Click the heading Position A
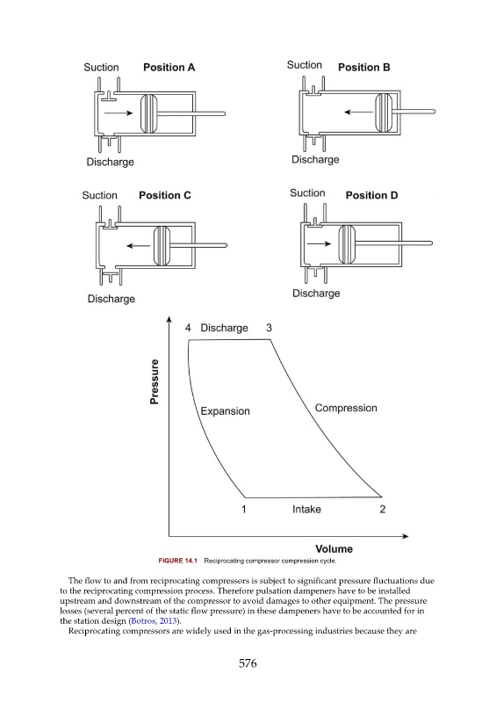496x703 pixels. [169, 68]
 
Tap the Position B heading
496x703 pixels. [363, 68]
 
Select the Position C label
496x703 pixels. [165, 195]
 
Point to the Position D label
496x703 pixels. [371, 195]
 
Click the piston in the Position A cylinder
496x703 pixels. [148, 114]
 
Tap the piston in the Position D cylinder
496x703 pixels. [347, 244]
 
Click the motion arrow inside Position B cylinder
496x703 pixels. [358, 112]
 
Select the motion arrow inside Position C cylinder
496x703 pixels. [139, 246]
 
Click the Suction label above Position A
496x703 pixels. [101, 68]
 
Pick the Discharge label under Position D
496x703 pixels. [316, 294]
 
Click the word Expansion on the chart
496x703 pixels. [225, 411]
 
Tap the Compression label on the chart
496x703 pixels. [346, 408]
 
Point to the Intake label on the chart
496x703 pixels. [306, 510]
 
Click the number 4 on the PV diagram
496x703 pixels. [188, 328]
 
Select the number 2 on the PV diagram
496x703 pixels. [382, 510]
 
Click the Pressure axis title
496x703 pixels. [155, 381]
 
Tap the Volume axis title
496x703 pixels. [334, 548]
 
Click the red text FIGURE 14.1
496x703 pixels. [178, 561]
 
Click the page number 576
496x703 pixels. [248, 663]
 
